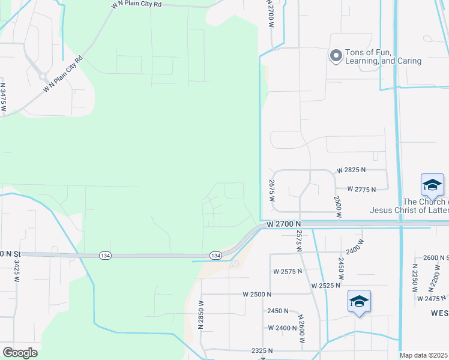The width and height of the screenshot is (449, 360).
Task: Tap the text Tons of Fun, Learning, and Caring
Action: click(383, 56)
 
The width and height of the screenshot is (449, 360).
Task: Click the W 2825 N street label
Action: click(356, 170)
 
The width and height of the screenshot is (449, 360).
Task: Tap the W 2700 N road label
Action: click(280, 223)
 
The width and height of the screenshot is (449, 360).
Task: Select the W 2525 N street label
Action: click(329, 285)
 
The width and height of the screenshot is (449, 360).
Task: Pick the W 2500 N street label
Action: click(257, 295)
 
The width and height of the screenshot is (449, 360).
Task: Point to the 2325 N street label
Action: click(262, 350)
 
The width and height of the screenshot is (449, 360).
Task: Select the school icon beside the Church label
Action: click(432, 185)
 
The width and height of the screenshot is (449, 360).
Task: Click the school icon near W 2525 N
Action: click(359, 301)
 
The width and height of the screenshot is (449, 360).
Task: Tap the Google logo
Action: click(20, 352)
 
